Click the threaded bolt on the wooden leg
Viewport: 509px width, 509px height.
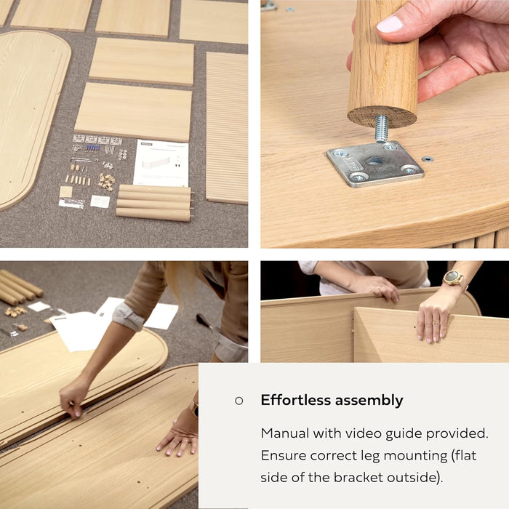[x=382, y=129]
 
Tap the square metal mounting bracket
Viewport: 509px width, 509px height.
[x=375, y=164]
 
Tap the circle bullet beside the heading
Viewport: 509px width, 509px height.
[x=239, y=401]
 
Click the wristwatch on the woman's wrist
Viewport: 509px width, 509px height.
[x=454, y=278]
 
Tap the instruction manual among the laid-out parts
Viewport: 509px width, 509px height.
[x=161, y=164]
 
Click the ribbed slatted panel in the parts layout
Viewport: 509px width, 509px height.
[x=227, y=127]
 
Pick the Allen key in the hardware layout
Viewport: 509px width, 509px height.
[x=81, y=159]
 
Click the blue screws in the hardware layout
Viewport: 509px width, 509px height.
[x=92, y=148]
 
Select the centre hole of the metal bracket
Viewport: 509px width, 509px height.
[x=374, y=161]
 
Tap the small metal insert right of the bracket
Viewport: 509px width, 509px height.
[x=428, y=159]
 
